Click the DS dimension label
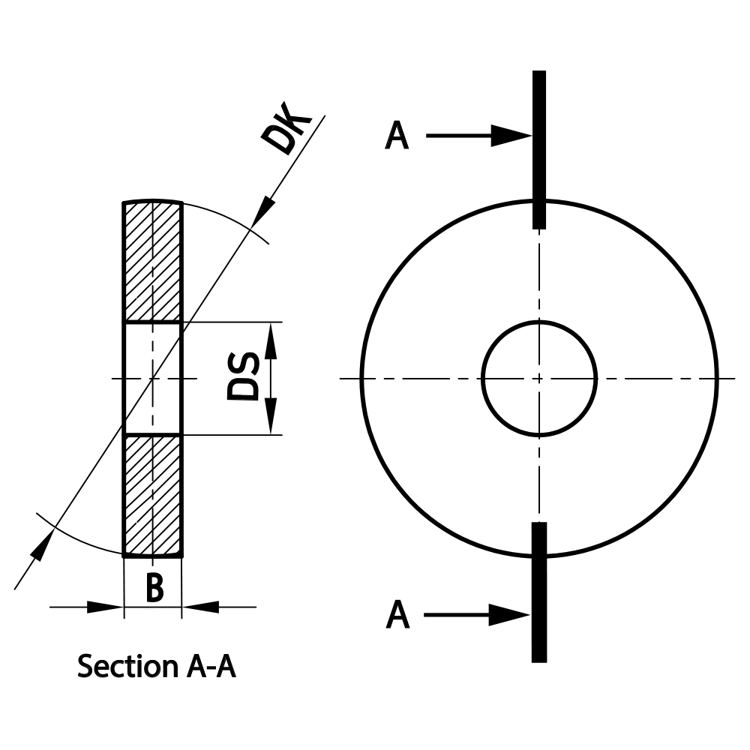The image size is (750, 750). [x=244, y=376]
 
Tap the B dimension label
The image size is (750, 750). [x=154, y=589]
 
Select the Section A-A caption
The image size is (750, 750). [x=156, y=666]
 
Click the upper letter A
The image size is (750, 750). [x=397, y=136]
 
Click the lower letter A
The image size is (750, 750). [x=397, y=616]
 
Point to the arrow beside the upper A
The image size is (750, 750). [x=480, y=136]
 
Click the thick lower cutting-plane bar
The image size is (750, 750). [x=538, y=592]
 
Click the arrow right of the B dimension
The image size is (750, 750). [x=201, y=607]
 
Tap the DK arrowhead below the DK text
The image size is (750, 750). [x=262, y=210]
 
